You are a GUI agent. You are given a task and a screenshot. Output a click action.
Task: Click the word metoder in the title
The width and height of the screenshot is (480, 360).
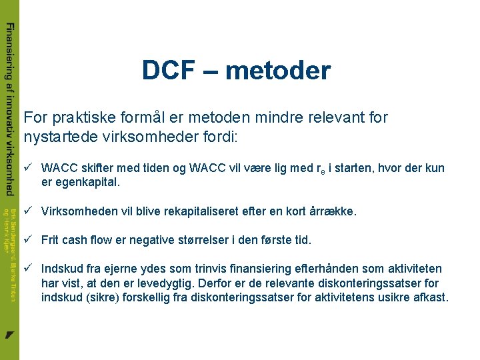point(277,70)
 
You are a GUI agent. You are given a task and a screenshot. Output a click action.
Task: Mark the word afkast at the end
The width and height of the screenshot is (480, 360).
point(430,297)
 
